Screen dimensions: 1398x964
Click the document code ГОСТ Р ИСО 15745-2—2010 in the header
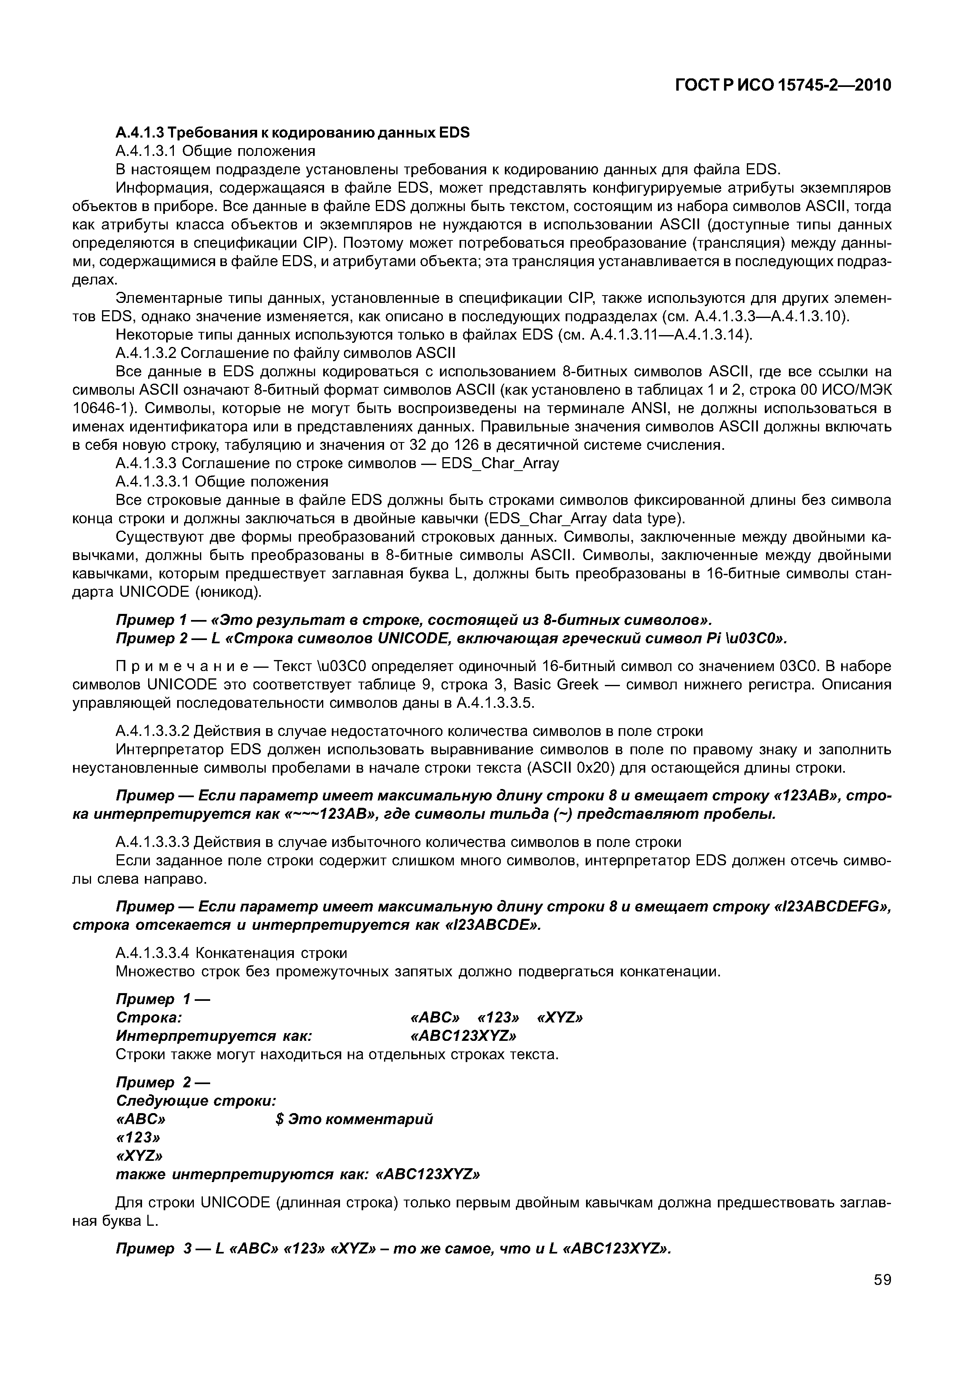pyautogui.click(x=783, y=86)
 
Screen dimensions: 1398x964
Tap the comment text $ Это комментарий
pyautogui.click(x=354, y=1120)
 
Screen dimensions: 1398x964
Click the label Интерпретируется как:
pyautogui.click(x=214, y=1036)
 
